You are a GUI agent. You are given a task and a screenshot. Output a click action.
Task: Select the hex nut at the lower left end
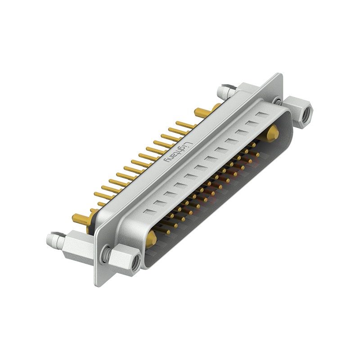tap(125, 262)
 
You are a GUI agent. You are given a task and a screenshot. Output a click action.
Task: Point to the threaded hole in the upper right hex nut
tap(306, 112)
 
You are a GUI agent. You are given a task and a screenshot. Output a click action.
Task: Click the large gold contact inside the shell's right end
tap(272, 134)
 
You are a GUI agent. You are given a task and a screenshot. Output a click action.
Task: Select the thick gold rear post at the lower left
tap(81, 219)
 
